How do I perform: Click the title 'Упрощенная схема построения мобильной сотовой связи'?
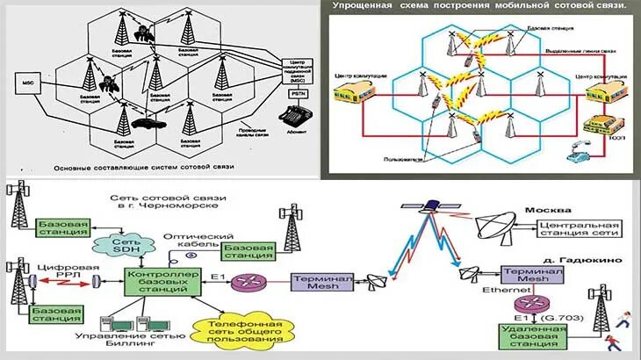point(479,7)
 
